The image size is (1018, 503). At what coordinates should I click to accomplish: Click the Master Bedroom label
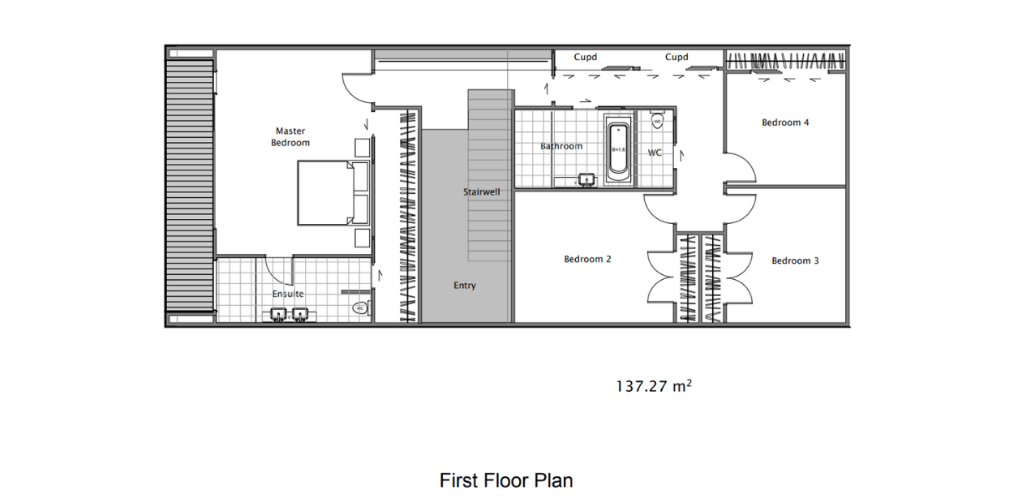[290, 136]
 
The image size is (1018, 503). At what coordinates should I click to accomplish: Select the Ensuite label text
[288, 294]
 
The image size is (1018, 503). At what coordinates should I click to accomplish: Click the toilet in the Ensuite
[360, 308]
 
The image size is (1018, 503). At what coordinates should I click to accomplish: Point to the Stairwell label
[481, 192]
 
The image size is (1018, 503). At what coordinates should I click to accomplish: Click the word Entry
[465, 286]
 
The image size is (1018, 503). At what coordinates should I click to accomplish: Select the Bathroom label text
[561, 146]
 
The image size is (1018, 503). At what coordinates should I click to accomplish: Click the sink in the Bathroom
[584, 179]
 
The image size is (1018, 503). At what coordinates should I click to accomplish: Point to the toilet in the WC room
[657, 122]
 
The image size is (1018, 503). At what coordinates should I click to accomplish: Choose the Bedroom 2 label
[587, 260]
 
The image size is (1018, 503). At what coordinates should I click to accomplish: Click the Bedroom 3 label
[795, 260]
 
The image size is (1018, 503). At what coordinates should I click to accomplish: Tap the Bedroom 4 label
[785, 123]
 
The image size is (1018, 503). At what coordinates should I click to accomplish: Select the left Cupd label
[586, 58]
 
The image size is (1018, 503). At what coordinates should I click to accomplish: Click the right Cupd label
[677, 58]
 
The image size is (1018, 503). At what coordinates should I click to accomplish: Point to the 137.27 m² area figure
[654, 386]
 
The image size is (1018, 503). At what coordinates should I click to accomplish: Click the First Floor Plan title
[506, 480]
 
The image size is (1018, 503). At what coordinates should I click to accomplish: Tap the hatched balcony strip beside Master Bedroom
[191, 183]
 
